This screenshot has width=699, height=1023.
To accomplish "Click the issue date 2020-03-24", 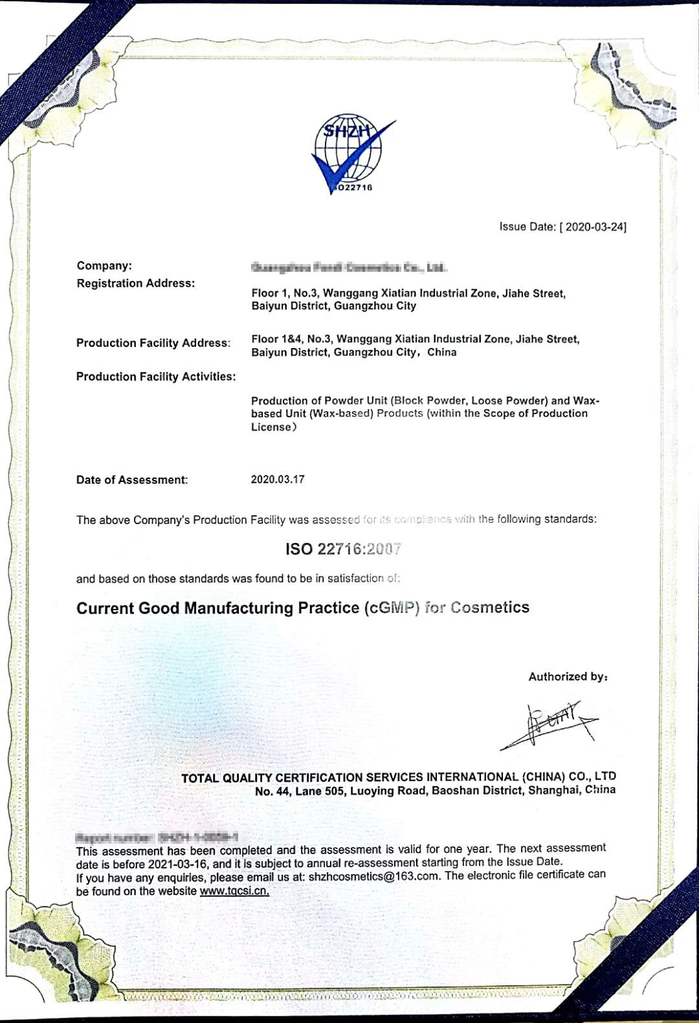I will tap(593, 227).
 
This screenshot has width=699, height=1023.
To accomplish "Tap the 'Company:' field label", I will tap(104, 265).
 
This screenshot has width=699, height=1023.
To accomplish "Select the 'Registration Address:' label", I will tap(135, 283).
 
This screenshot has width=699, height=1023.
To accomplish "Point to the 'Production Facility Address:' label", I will tap(153, 343).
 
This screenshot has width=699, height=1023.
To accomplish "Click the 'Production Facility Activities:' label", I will tap(155, 377).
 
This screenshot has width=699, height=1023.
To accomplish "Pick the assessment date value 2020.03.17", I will tap(278, 479).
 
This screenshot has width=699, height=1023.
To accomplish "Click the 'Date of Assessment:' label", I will tap(132, 480).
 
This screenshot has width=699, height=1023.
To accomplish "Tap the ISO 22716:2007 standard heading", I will tap(343, 549).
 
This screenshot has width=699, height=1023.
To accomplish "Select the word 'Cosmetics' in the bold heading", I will tap(490, 608).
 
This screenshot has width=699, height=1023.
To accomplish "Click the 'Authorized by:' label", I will tap(568, 677).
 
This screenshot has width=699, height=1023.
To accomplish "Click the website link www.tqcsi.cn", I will tap(234, 891).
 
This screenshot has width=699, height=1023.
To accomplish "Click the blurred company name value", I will tap(348, 267).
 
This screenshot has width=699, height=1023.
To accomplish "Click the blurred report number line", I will tap(157, 837).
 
